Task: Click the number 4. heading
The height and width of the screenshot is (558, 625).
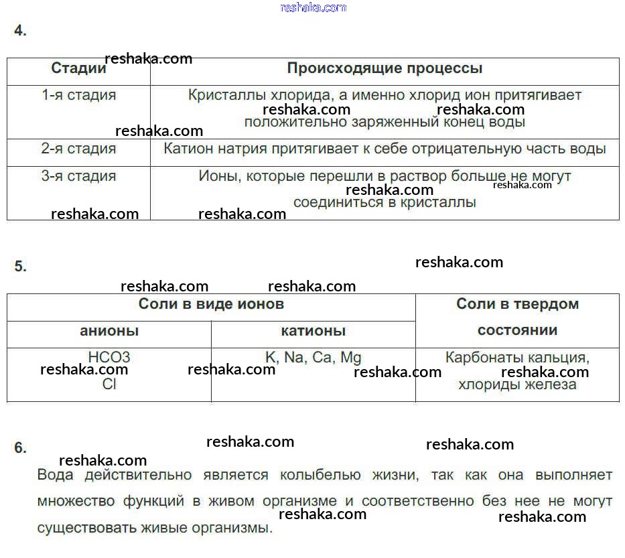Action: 20,30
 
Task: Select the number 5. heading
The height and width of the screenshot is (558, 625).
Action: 20,266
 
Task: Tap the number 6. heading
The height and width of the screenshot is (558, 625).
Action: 20,447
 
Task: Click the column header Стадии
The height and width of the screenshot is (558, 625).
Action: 78,68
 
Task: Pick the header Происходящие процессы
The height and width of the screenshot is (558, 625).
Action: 385,68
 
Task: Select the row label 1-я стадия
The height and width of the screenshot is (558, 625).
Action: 78,95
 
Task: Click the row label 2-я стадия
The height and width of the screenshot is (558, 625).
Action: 78,149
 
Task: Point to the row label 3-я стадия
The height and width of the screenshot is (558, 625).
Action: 78,176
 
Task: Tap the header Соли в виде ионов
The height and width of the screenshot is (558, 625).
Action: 211,304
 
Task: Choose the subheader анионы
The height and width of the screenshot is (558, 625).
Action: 109,331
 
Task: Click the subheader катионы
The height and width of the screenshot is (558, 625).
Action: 314,331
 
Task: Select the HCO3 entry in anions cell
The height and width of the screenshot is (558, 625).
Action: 109,357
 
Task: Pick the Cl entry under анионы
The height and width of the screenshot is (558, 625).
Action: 109,385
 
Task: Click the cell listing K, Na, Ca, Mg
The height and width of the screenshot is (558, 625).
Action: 314,358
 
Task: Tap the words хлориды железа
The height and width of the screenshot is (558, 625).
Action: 517,385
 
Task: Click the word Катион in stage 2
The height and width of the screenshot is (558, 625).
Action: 188,149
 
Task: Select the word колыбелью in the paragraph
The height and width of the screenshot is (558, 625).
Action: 320,475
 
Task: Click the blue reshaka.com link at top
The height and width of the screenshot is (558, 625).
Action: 314,7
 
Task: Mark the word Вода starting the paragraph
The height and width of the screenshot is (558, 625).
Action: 55,475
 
